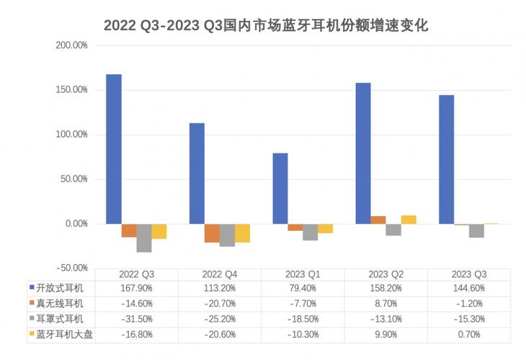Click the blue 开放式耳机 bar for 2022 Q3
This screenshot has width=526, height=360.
[x=113, y=149]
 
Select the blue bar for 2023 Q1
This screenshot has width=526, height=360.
[x=280, y=189]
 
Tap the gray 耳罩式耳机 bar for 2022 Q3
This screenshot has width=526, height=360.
[x=144, y=238]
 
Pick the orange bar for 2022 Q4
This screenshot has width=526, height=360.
[x=212, y=233]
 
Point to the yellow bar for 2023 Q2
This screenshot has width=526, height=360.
[x=409, y=220]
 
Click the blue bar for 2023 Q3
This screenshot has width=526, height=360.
[x=447, y=159]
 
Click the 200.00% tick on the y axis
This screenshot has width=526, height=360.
[x=72, y=45]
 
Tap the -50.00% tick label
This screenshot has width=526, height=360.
[x=72, y=268]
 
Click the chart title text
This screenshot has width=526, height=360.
[x=266, y=26]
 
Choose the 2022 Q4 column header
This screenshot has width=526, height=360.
[x=220, y=274]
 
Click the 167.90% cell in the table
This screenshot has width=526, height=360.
[x=136, y=288]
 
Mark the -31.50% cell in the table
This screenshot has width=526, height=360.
[x=136, y=318]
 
